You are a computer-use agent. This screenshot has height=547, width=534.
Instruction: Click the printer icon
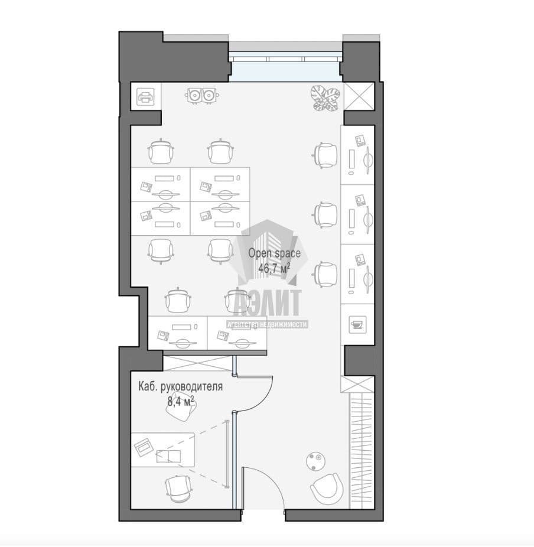[x=145, y=97]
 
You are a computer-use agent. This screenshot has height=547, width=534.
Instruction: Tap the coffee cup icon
[x=357, y=324]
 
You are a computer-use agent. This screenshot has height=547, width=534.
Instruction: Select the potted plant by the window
[x=325, y=99]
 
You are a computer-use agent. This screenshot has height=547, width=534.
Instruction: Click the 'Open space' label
[x=274, y=253]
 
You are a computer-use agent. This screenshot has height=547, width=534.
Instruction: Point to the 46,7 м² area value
[x=274, y=268]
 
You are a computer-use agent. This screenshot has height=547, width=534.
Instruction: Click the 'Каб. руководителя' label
[x=180, y=386]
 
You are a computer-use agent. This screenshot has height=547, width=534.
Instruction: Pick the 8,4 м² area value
[x=180, y=402]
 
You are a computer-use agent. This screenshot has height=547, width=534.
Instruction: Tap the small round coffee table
[x=316, y=461]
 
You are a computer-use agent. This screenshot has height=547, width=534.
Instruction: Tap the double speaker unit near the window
[x=202, y=95]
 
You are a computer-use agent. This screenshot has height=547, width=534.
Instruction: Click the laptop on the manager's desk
[x=144, y=447]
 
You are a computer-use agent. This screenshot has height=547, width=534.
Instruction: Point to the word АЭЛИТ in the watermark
[x=268, y=302]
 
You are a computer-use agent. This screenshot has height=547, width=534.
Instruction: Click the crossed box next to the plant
[x=359, y=96]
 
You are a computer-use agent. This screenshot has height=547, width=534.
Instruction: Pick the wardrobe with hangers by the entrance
[x=362, y=450]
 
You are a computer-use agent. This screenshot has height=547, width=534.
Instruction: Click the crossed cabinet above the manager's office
[x=198, y=364]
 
